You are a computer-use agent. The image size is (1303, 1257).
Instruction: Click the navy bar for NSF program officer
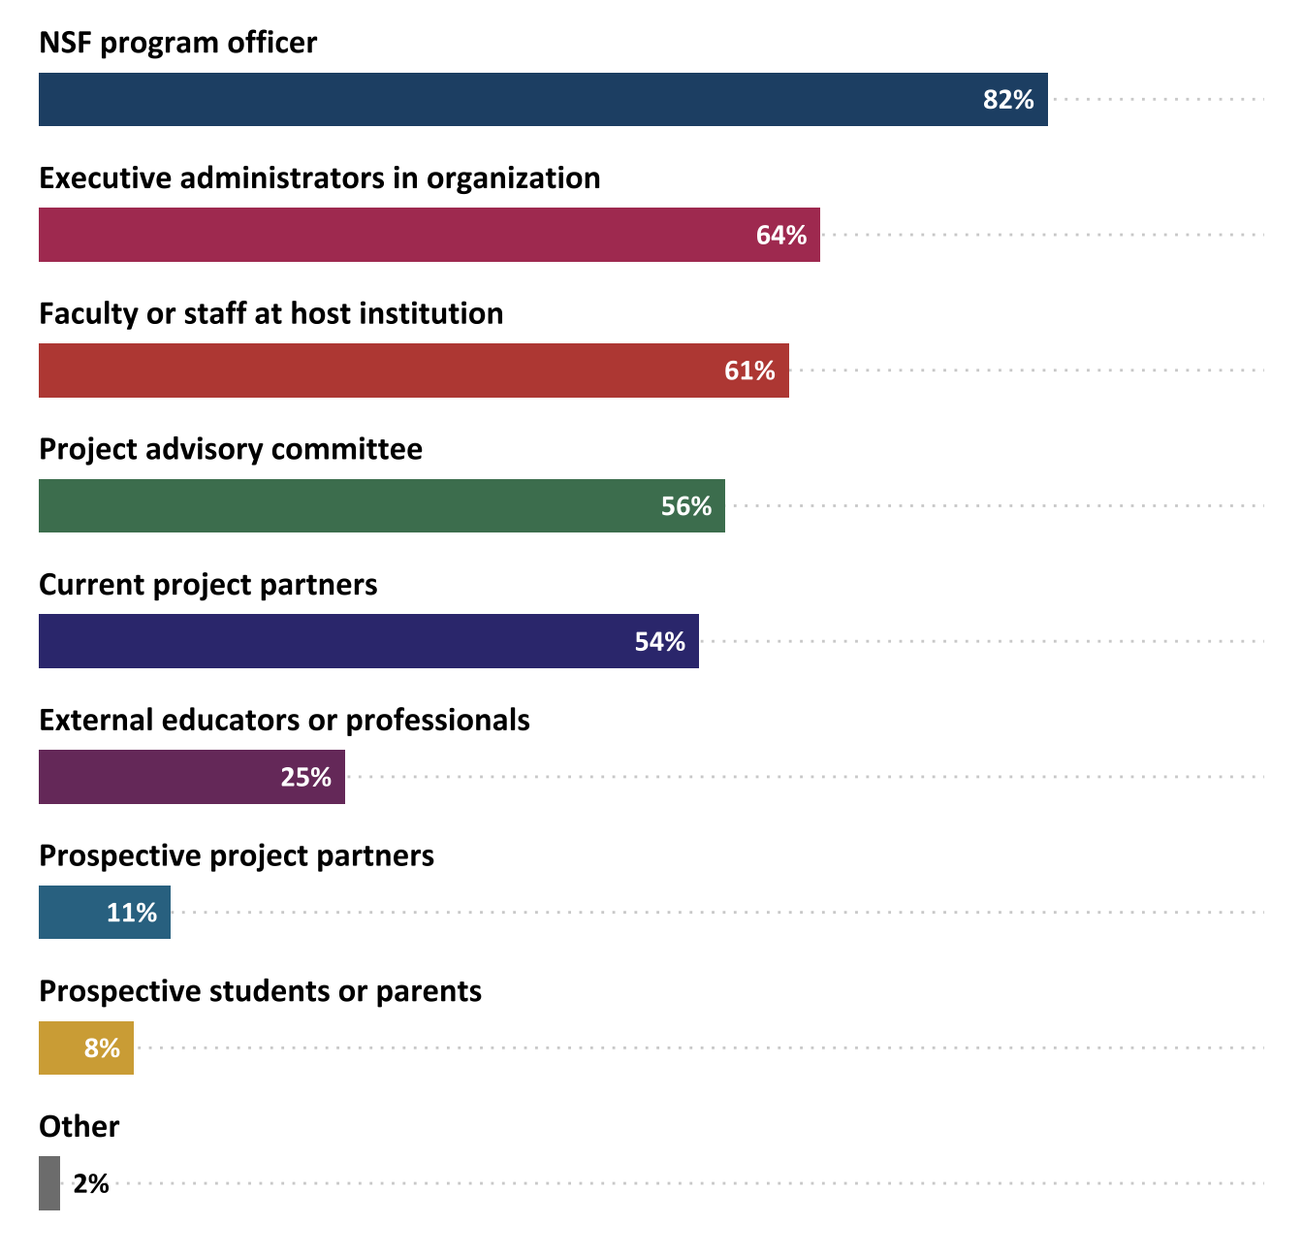pos(504,99)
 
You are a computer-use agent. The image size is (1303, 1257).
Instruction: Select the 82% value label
pos(1008,100)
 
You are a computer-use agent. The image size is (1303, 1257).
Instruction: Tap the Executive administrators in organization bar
pos(388,235)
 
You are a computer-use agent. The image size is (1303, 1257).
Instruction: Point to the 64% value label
pos(781,236)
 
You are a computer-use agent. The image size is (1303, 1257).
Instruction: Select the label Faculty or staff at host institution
pos(270,313)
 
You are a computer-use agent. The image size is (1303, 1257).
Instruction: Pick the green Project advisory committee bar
pos(349,505)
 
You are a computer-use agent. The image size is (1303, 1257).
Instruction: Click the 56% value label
pos(686,506)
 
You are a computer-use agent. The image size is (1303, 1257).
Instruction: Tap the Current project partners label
pos(207,585)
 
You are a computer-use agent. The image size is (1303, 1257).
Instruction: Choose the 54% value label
pos(660,642)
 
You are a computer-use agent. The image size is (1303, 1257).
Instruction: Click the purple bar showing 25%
pos(155,777)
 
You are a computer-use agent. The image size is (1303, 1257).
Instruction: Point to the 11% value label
pos(132,913)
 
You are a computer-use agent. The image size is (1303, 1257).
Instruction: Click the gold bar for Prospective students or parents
pos(58,1047)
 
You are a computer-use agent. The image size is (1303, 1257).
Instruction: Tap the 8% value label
pos(102,1048)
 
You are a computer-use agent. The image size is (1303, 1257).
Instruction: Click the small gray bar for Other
pos(49,1183)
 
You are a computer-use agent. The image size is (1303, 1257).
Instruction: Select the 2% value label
pos(91,1184)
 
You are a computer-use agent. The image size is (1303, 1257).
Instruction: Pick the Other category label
pos(79,1126)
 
